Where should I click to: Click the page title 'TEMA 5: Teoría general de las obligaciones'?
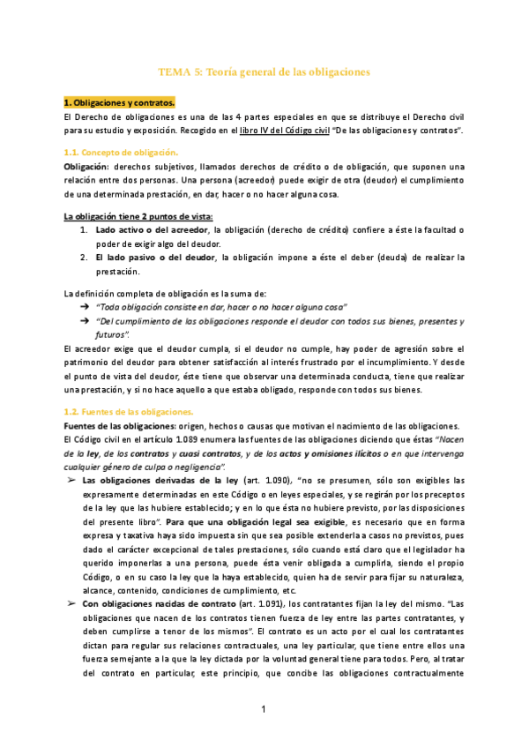point(264,70)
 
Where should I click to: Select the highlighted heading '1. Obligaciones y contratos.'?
point(115,102)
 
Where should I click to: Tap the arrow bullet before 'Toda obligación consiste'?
point(85,307)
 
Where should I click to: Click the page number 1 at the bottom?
point(264,710)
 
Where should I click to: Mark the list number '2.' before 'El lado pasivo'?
point(85,258)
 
